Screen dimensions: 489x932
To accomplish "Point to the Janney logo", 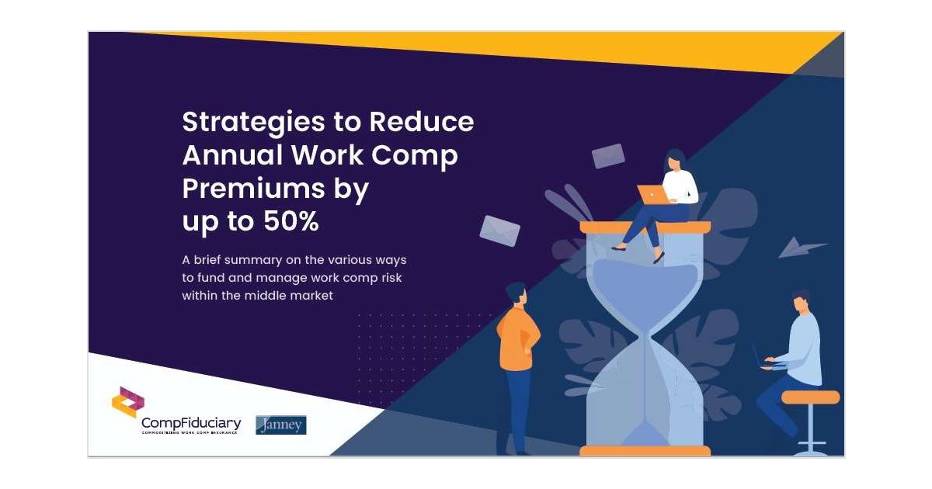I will (281, 425).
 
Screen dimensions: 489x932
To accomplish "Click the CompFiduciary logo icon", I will (128, 401).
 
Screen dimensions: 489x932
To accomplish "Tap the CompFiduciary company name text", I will (191, 423).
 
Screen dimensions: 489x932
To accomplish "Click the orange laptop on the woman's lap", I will (651, 194).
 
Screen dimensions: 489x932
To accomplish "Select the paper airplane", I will (801, 248).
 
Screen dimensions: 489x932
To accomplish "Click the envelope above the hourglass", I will (608, 156).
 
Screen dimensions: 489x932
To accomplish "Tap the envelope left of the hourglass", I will (499, 231).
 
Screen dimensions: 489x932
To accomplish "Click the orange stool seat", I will (810, 397).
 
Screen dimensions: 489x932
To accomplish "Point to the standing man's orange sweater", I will (516, 338).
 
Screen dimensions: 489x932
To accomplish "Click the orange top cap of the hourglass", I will (645, 227).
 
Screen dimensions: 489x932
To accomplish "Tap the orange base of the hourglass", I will (645, 451).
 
